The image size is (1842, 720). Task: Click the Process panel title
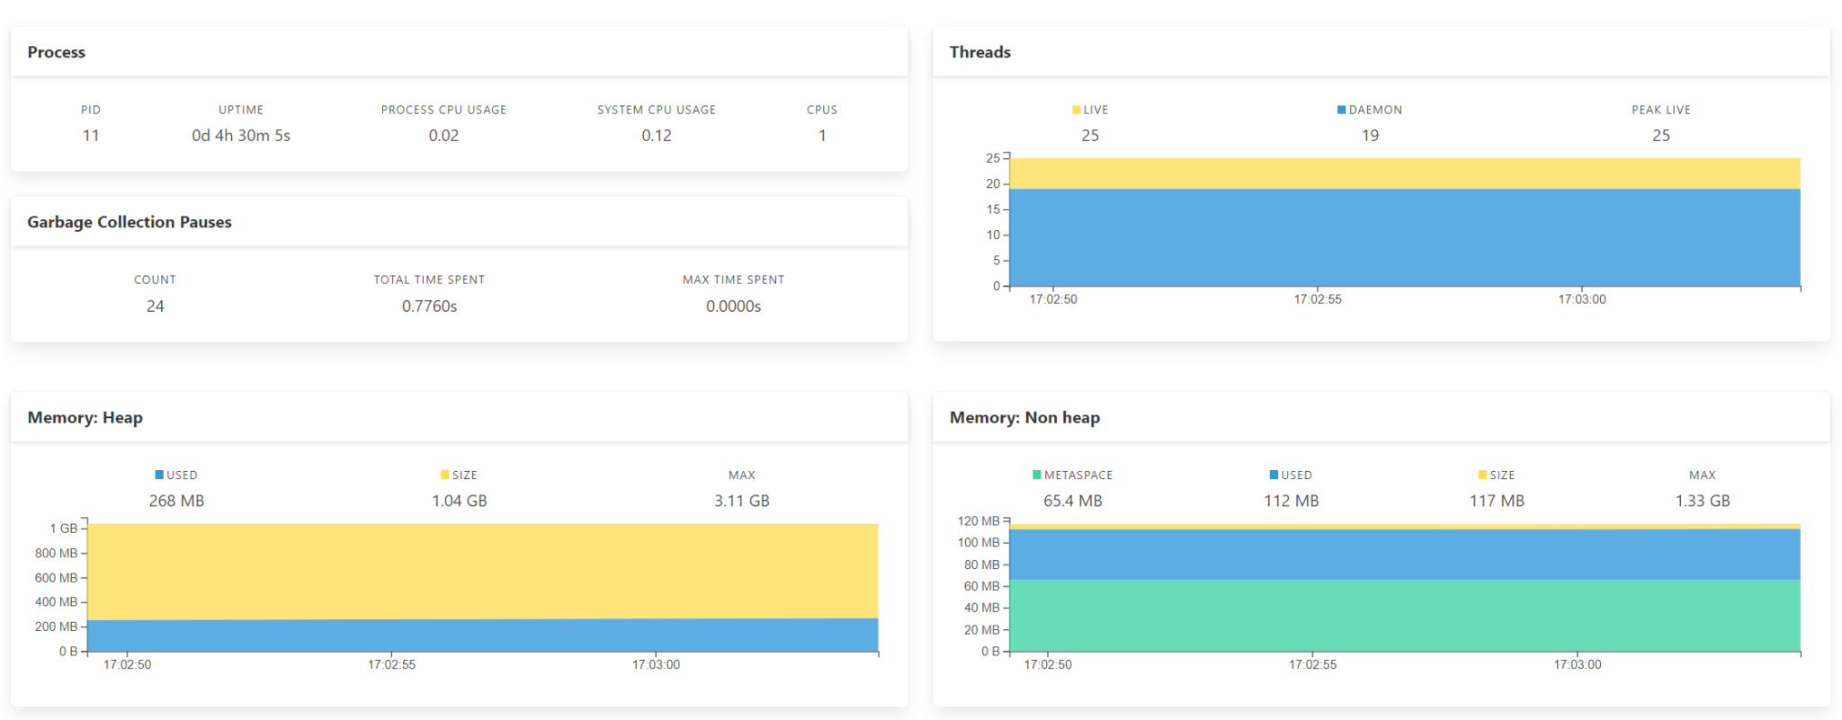tap(56, 52)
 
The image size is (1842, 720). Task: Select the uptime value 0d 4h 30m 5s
tap(240, 136)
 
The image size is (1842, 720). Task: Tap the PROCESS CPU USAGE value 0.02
tap(443, 136)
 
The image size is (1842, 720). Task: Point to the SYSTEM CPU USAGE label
tap(657, 110)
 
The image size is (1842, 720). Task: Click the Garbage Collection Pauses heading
tap(130, 222)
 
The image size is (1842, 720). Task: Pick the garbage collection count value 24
tap(155, 307)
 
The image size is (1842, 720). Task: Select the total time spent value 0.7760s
tap(429, 307)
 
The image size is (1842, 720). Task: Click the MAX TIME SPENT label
tap(733, 280)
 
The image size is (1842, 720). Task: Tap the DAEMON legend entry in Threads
tap(1370, 110)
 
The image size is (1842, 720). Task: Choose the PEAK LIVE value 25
tap(1660, 136)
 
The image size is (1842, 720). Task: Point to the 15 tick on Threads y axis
tap(993, 209)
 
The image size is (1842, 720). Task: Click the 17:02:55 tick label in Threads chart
tap(1317, 299)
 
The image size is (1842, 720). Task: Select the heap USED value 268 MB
tap(176, 501)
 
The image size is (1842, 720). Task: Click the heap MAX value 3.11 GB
tap(741, 501)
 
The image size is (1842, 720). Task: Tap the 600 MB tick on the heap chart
tap(56, 578)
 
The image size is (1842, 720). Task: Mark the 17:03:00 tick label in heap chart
tap(656, 665)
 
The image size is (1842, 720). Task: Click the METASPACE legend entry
tap(1073, 475)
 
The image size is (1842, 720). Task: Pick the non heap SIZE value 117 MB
tap(1497, 501)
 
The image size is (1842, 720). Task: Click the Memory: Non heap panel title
tap(1024, 418)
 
